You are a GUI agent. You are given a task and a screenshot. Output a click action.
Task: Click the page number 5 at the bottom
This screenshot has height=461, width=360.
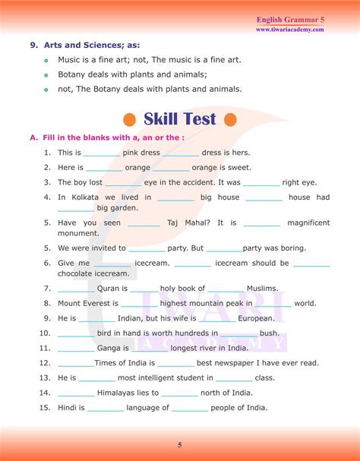[180, 445]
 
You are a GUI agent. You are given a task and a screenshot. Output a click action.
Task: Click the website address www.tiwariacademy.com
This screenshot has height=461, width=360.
[289, 30]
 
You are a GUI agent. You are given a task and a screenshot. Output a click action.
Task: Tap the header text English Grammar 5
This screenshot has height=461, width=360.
[292, 18]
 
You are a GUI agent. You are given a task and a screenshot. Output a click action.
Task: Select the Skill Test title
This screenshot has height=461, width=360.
[180, 119]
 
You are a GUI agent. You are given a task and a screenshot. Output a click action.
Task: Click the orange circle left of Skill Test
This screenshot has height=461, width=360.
[129, 120]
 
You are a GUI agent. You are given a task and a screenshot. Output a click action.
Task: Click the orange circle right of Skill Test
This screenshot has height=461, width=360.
[230, 120]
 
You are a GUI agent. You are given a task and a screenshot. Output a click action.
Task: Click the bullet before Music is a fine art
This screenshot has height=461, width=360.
[46, 61]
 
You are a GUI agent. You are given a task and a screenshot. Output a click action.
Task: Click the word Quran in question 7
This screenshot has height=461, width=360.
[112, 289]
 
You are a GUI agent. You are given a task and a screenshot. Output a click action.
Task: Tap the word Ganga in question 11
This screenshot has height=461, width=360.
[112, 348]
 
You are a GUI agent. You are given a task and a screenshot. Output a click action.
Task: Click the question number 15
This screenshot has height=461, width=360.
[46, 408]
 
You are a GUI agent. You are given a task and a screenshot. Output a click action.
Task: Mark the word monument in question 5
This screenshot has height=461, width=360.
[79, 233]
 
